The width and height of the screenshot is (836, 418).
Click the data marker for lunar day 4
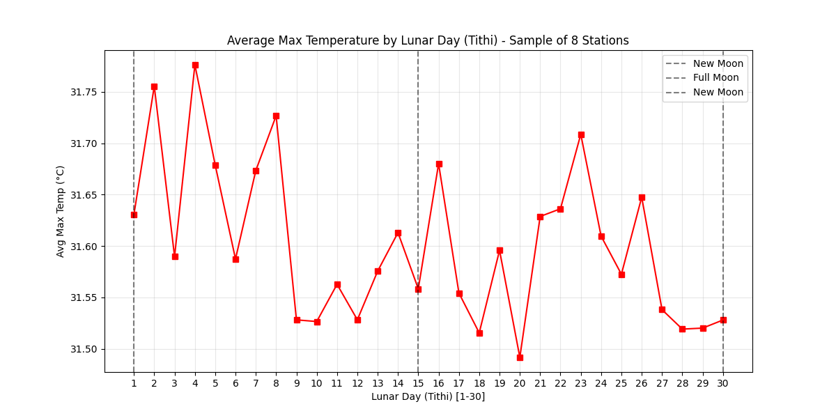click(195, 65)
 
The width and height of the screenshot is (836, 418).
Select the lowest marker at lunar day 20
click(520, 357)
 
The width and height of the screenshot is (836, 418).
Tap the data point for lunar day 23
click(581, 134)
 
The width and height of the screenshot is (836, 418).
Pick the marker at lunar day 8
click(276, 116)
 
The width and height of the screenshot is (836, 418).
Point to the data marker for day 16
click(439, 164)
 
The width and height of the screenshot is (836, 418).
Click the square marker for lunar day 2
click(154, 86)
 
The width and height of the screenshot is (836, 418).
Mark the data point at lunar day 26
click(642, 197)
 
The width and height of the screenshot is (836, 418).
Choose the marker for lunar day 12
click(357, 320)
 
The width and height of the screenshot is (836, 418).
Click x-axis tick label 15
click(418, 383)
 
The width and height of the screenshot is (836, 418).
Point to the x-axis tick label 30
click(723, 383)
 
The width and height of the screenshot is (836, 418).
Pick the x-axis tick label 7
click(256, 383)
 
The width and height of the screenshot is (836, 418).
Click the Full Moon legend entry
click(715, 78)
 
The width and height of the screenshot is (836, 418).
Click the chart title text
click(428, 40)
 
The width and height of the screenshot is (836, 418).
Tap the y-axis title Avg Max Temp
click(61, 211)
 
